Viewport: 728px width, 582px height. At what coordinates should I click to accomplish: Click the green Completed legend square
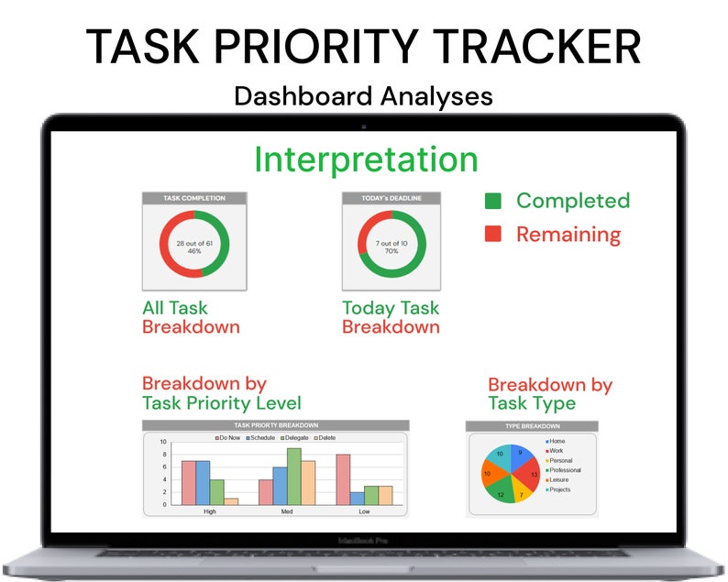[493, 201]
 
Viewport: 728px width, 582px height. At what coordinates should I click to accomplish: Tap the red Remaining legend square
[493, 234]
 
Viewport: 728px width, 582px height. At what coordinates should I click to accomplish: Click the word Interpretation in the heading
[366, 159]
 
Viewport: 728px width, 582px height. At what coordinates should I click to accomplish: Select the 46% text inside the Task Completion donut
[194, 250]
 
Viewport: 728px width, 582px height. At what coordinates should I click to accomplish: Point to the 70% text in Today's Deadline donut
[392, 250]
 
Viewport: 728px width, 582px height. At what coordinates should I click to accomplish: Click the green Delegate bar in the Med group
[294, 476]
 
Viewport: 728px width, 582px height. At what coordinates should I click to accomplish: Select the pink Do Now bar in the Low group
[343, 478]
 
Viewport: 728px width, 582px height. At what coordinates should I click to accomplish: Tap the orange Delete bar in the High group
[231, 500]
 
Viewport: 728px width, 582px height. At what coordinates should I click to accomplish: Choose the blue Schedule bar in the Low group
[357, 498]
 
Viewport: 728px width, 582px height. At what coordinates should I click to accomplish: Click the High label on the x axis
[209, 511]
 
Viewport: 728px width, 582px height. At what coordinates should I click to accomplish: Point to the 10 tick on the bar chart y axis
[163, 442]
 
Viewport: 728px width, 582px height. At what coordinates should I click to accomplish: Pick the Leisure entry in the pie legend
[560, 479]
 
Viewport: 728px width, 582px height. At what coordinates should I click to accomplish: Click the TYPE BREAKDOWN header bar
[532, 426]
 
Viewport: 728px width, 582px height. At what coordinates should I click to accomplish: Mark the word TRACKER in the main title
[536, 47]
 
